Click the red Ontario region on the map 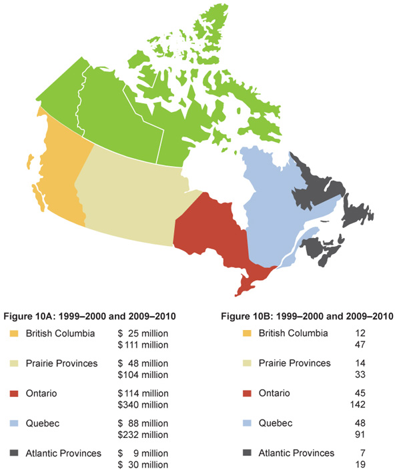click(x=207, y=233)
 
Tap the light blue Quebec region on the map click(x=267, y=207)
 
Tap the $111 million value click(x=141, y=345)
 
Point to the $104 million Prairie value click(x=141, y=375)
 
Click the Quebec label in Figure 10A click(x=41, y=423)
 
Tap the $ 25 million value click(x=141, y=333)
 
